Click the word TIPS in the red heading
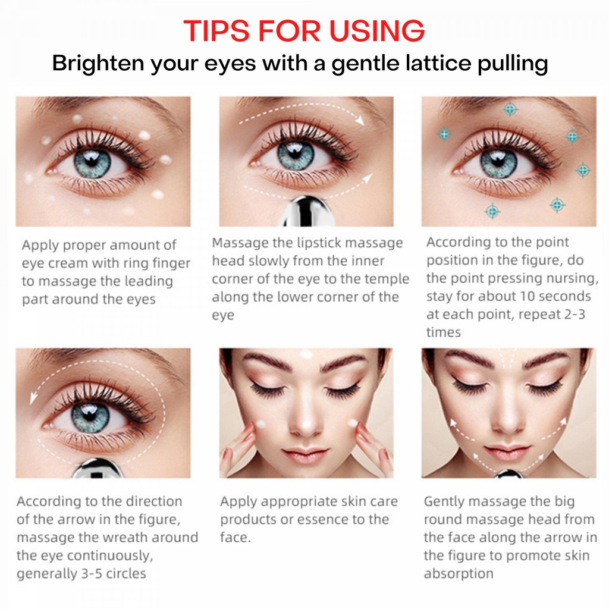216,30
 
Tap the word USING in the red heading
377,30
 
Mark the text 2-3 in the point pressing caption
575,314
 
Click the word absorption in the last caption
459,574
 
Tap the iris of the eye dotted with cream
92,163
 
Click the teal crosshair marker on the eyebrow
510,109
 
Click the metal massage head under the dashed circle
97,468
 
